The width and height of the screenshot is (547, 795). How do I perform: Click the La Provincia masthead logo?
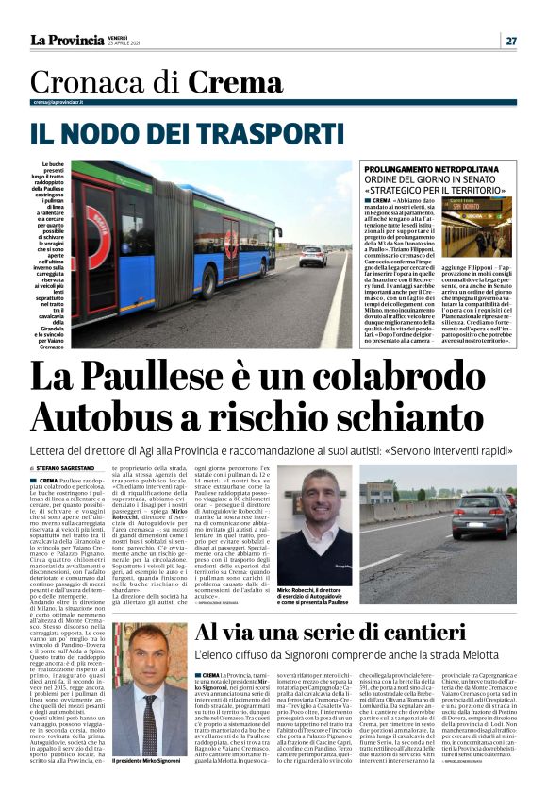pos(66,40)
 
